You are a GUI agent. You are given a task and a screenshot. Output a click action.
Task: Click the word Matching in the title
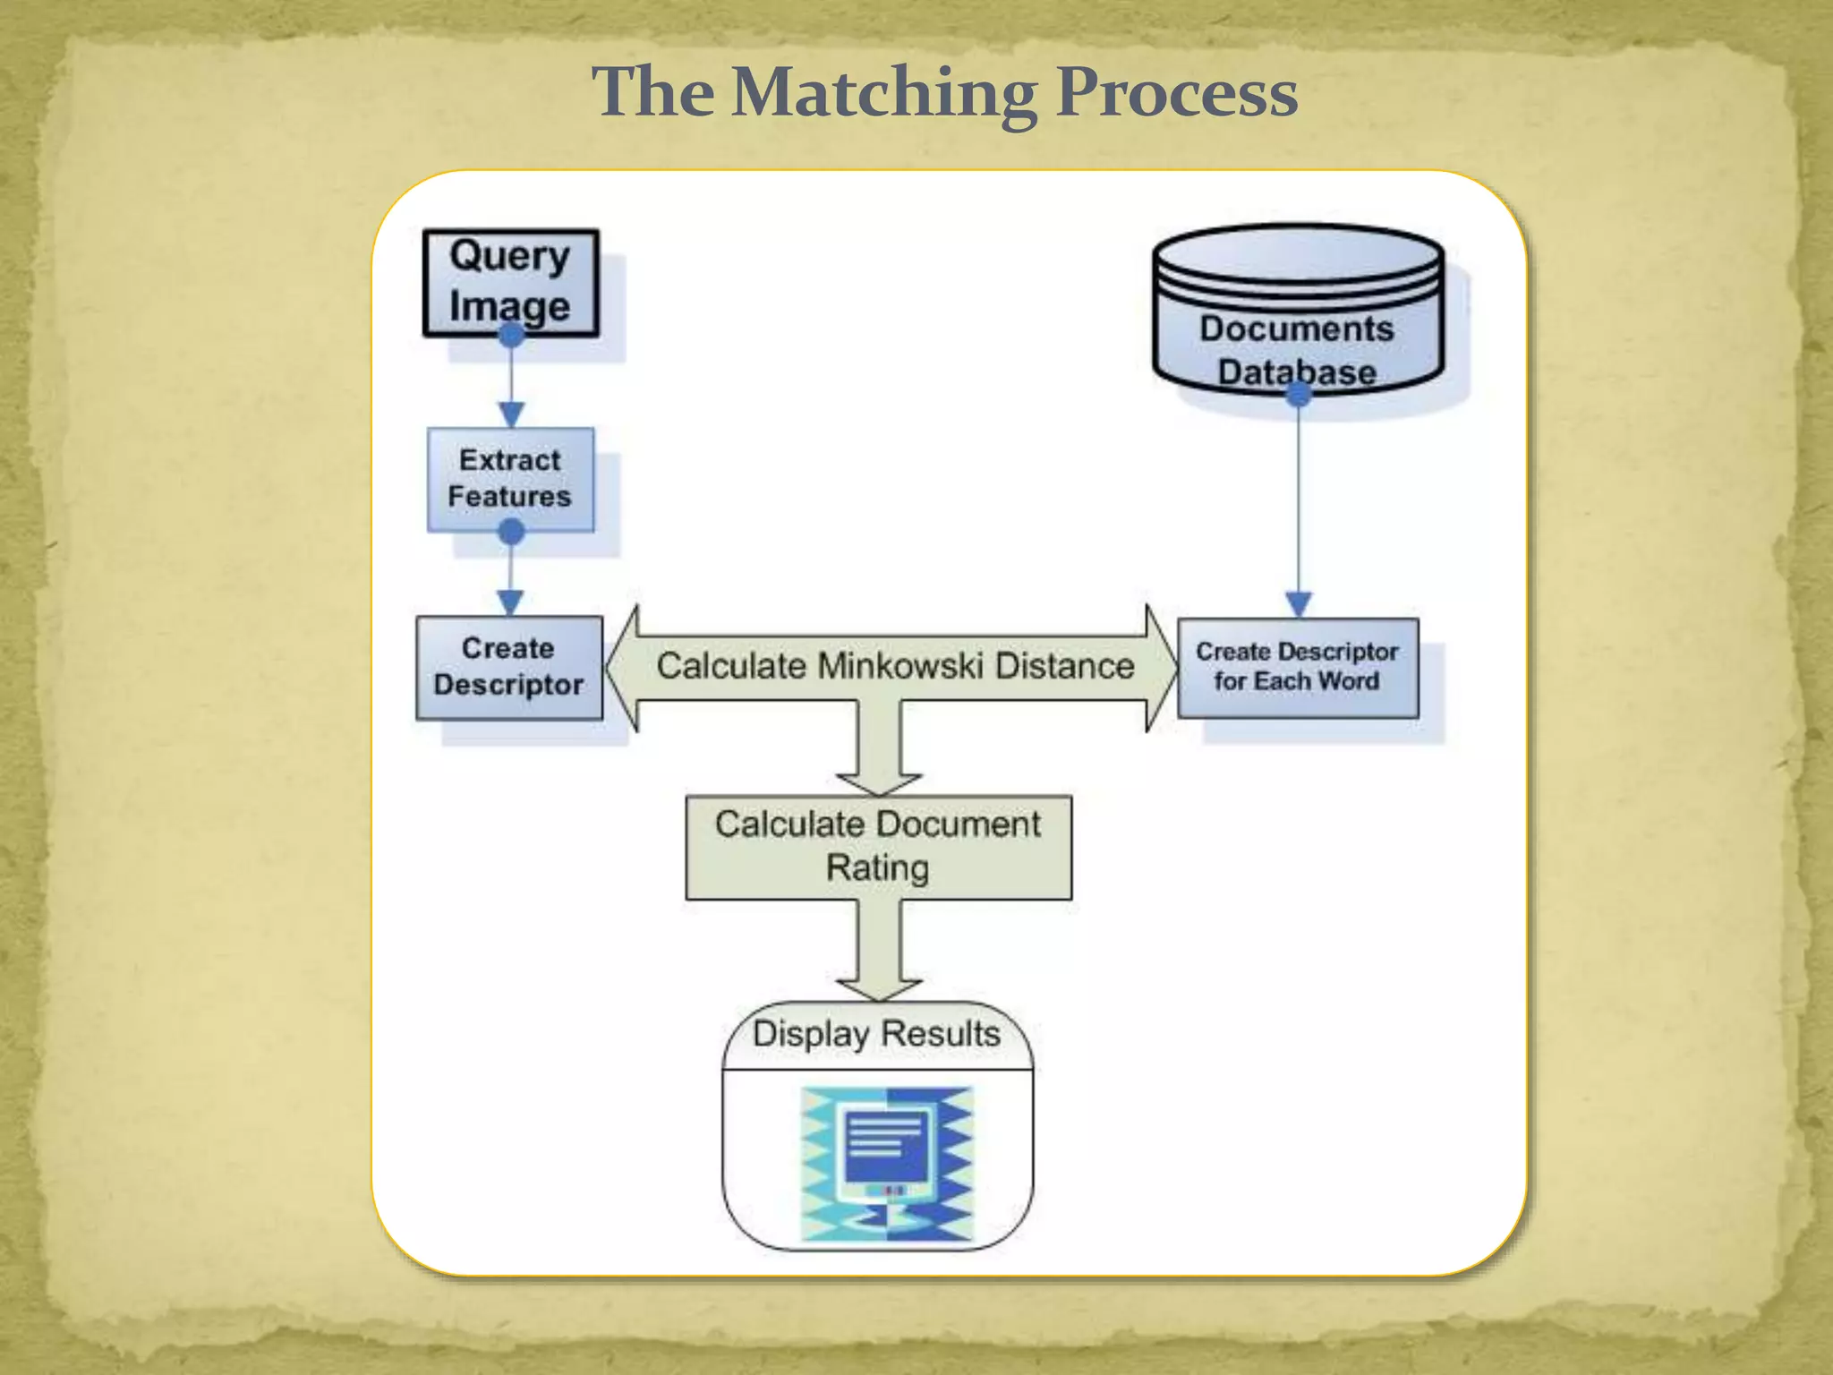point(884,94)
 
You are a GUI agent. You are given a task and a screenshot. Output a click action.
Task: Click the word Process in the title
point(1176,94)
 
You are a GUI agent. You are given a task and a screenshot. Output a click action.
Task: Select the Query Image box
point(510,282)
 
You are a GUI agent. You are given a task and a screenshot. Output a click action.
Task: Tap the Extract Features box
point(510,479)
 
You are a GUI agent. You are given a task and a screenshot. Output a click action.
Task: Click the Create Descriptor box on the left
point(508,667)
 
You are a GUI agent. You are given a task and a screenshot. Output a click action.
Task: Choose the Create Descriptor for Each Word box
point(1298,667)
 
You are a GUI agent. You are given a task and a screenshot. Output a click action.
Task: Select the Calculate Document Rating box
point(878,847)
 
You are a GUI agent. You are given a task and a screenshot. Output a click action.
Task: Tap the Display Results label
point(876,1034)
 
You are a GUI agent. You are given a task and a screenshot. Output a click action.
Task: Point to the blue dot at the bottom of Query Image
point(511,335)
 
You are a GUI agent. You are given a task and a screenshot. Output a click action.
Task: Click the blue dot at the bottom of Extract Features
point(511,532)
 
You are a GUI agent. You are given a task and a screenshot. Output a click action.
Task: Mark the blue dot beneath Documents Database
point(1298,393)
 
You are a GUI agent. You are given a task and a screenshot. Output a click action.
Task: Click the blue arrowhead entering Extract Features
point(511,414)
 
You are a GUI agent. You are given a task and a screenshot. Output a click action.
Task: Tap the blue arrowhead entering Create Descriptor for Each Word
point(1299,603)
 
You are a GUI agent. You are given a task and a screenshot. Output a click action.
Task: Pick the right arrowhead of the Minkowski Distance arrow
point(1161,668)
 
